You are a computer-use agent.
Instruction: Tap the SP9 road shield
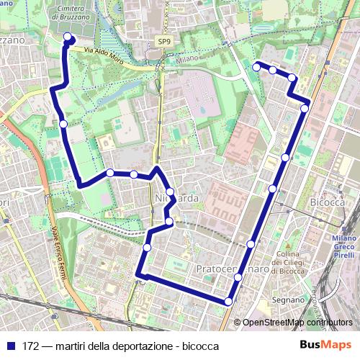pyautogui.click(x=166, y=42)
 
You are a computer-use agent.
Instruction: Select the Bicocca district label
pyautogui.click(x=328, y=204)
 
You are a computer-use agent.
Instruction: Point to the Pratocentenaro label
pyautogui.click(x=232, y=269)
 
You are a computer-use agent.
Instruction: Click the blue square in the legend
pyautogui.click(x=10, y=346)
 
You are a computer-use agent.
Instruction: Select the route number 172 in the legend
pyautogui.click(x=31, y=346)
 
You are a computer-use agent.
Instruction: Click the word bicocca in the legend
pyautogui.click(x=198, y=346)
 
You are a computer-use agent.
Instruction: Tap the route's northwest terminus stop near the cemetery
pyautogui.click(x=68, y=37)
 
